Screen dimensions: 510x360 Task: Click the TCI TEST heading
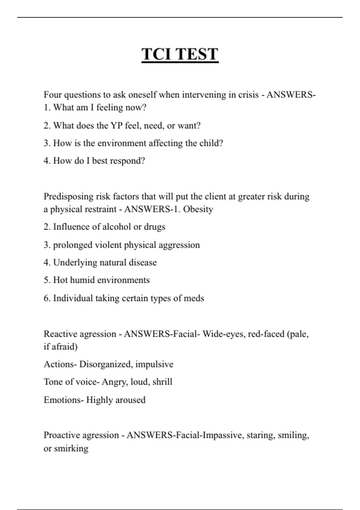click(180, 54)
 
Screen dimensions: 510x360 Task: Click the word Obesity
click(198, 209)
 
